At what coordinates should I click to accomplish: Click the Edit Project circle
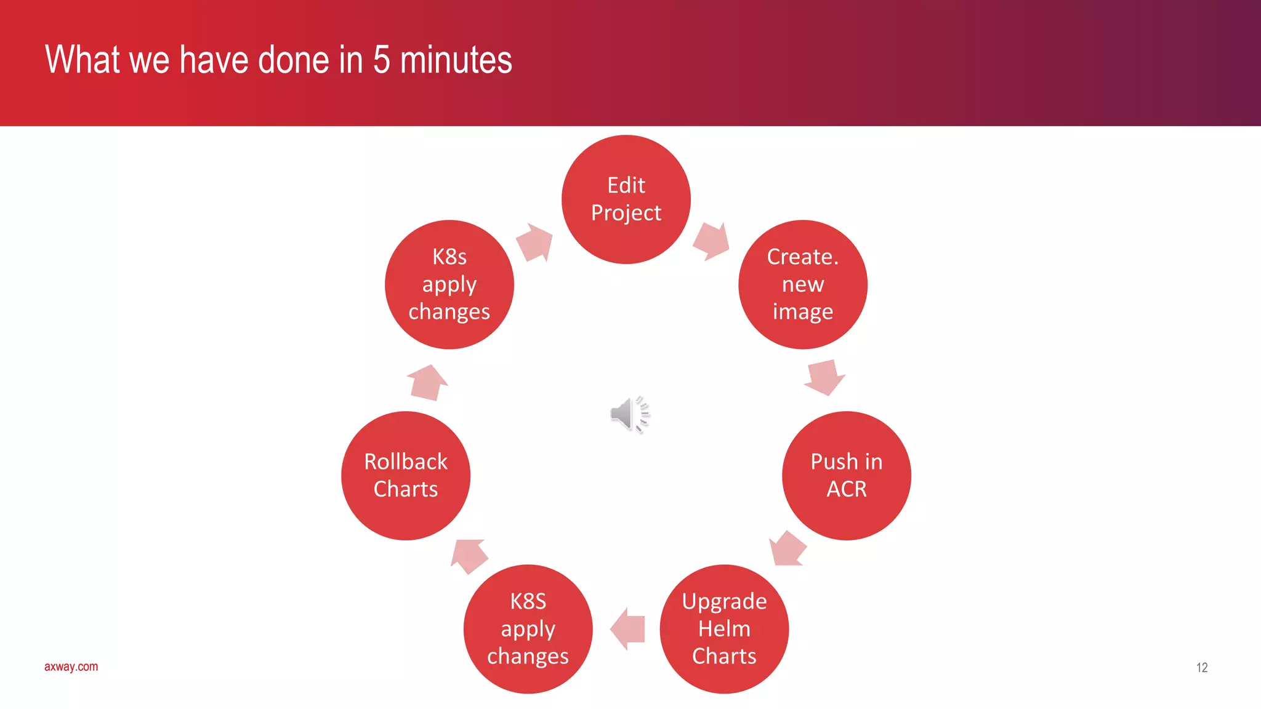[626, 199]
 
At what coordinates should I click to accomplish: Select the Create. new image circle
[802, 284]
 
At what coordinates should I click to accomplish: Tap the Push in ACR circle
[846, 476]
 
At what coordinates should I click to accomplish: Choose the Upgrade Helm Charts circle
[724, 628]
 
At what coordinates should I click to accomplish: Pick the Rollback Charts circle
[406, 476]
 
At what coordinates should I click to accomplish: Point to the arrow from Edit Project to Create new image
[712, 241]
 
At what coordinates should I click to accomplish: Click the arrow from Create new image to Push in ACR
[824, 377]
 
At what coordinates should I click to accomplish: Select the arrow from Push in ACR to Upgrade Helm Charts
[788, 548]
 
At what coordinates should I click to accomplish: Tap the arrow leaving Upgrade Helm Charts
[627, 629]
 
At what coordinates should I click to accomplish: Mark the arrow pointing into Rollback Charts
[469, 556]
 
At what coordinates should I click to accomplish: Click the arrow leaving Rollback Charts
[427, 382]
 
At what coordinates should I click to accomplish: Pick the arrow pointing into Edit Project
[534, 242]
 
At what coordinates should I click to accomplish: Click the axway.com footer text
[71, 667]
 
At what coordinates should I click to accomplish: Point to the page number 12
[1201, 668]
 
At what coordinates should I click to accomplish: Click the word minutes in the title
[456, 60]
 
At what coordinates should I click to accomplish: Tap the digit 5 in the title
[381, 60]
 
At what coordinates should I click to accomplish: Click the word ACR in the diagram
[846, 489]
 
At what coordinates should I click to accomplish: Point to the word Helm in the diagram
[724, 629]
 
